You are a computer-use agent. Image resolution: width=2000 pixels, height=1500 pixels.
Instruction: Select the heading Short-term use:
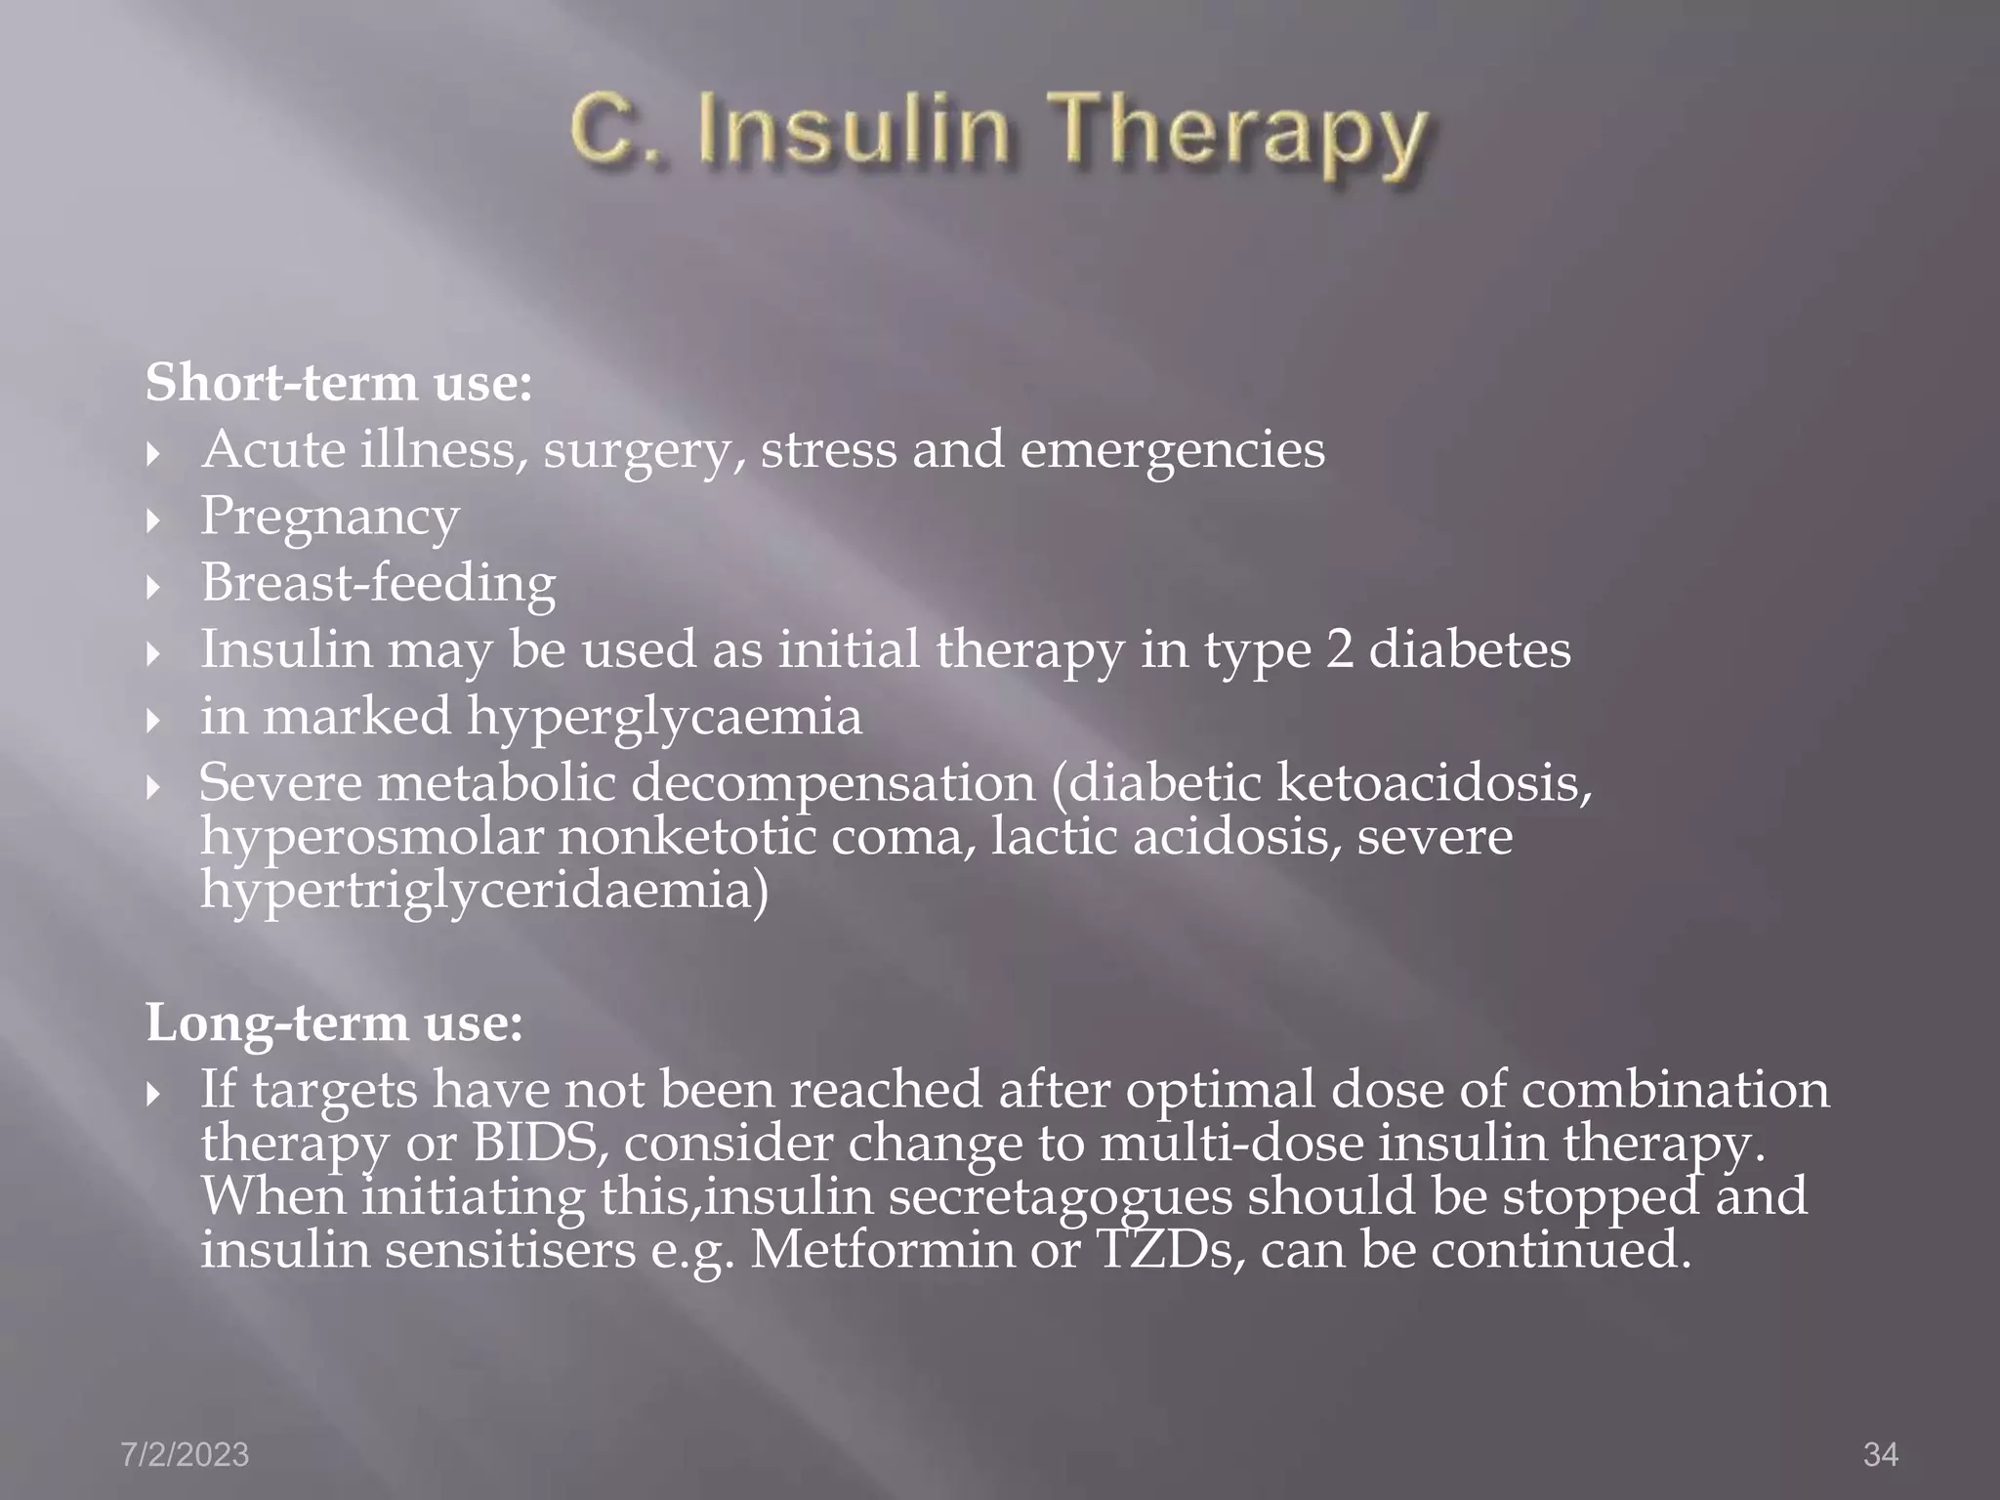pos(339,382)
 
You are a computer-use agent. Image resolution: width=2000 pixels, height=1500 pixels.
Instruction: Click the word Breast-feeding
pos(378,583)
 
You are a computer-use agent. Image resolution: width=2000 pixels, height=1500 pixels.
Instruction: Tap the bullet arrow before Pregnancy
pos(152,521)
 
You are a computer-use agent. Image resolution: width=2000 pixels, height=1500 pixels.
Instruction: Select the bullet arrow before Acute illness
pos(152,454)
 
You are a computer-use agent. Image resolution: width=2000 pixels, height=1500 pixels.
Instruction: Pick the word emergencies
pos(1172,450)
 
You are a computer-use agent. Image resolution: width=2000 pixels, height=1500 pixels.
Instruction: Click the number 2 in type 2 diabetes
pos(1340,649)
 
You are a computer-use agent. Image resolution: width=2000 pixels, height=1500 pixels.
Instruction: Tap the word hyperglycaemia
pos(664,718)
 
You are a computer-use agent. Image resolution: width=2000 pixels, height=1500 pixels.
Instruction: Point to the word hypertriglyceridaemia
pos(483,892)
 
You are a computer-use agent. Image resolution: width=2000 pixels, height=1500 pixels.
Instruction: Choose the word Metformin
pos(882,1249)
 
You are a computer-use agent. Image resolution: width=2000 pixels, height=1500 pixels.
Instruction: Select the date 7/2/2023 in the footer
pos(185,1455)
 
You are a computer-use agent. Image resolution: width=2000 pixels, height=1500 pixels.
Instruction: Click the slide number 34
pos(1880,1455)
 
